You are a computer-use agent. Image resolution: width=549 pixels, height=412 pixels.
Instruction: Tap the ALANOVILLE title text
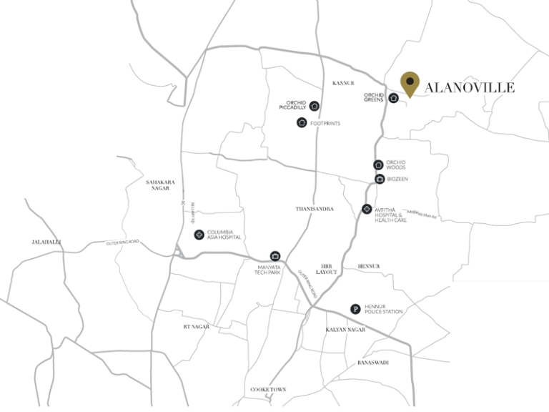pos(469,88)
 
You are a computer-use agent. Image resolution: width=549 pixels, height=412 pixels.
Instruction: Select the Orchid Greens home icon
pos(393,98)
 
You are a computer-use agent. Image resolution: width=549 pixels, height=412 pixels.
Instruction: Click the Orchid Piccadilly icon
pos(315,106)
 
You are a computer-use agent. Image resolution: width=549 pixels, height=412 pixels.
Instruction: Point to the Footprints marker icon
pos(302,123)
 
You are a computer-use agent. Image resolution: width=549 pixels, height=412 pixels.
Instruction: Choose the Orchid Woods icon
pos(378,165)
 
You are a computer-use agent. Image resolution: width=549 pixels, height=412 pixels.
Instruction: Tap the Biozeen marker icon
pos(379,179)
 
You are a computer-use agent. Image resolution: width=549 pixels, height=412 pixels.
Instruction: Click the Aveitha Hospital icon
pos(367,210)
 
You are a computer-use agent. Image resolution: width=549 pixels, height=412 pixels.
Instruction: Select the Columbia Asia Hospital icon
pos(198,235)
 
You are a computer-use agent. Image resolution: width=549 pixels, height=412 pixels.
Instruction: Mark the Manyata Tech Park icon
pos(274,256)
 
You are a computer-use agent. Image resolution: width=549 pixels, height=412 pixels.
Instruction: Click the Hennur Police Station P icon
pos(355,309)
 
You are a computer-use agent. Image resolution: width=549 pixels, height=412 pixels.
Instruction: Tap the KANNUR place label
pos(343,83)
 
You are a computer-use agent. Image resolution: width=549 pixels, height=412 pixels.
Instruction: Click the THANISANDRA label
pos(315,209)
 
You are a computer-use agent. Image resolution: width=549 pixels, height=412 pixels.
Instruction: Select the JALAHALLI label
pos(47,242)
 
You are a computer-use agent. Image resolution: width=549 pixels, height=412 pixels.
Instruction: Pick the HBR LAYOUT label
pos(328,269)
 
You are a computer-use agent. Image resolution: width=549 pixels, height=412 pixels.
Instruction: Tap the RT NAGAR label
pos(196,326)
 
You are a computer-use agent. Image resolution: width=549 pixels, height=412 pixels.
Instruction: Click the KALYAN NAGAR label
pos(345,330)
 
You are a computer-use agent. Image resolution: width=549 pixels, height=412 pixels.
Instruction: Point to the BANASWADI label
pos(372,363)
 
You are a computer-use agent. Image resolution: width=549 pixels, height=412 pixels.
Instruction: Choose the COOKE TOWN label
pos(268,389)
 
